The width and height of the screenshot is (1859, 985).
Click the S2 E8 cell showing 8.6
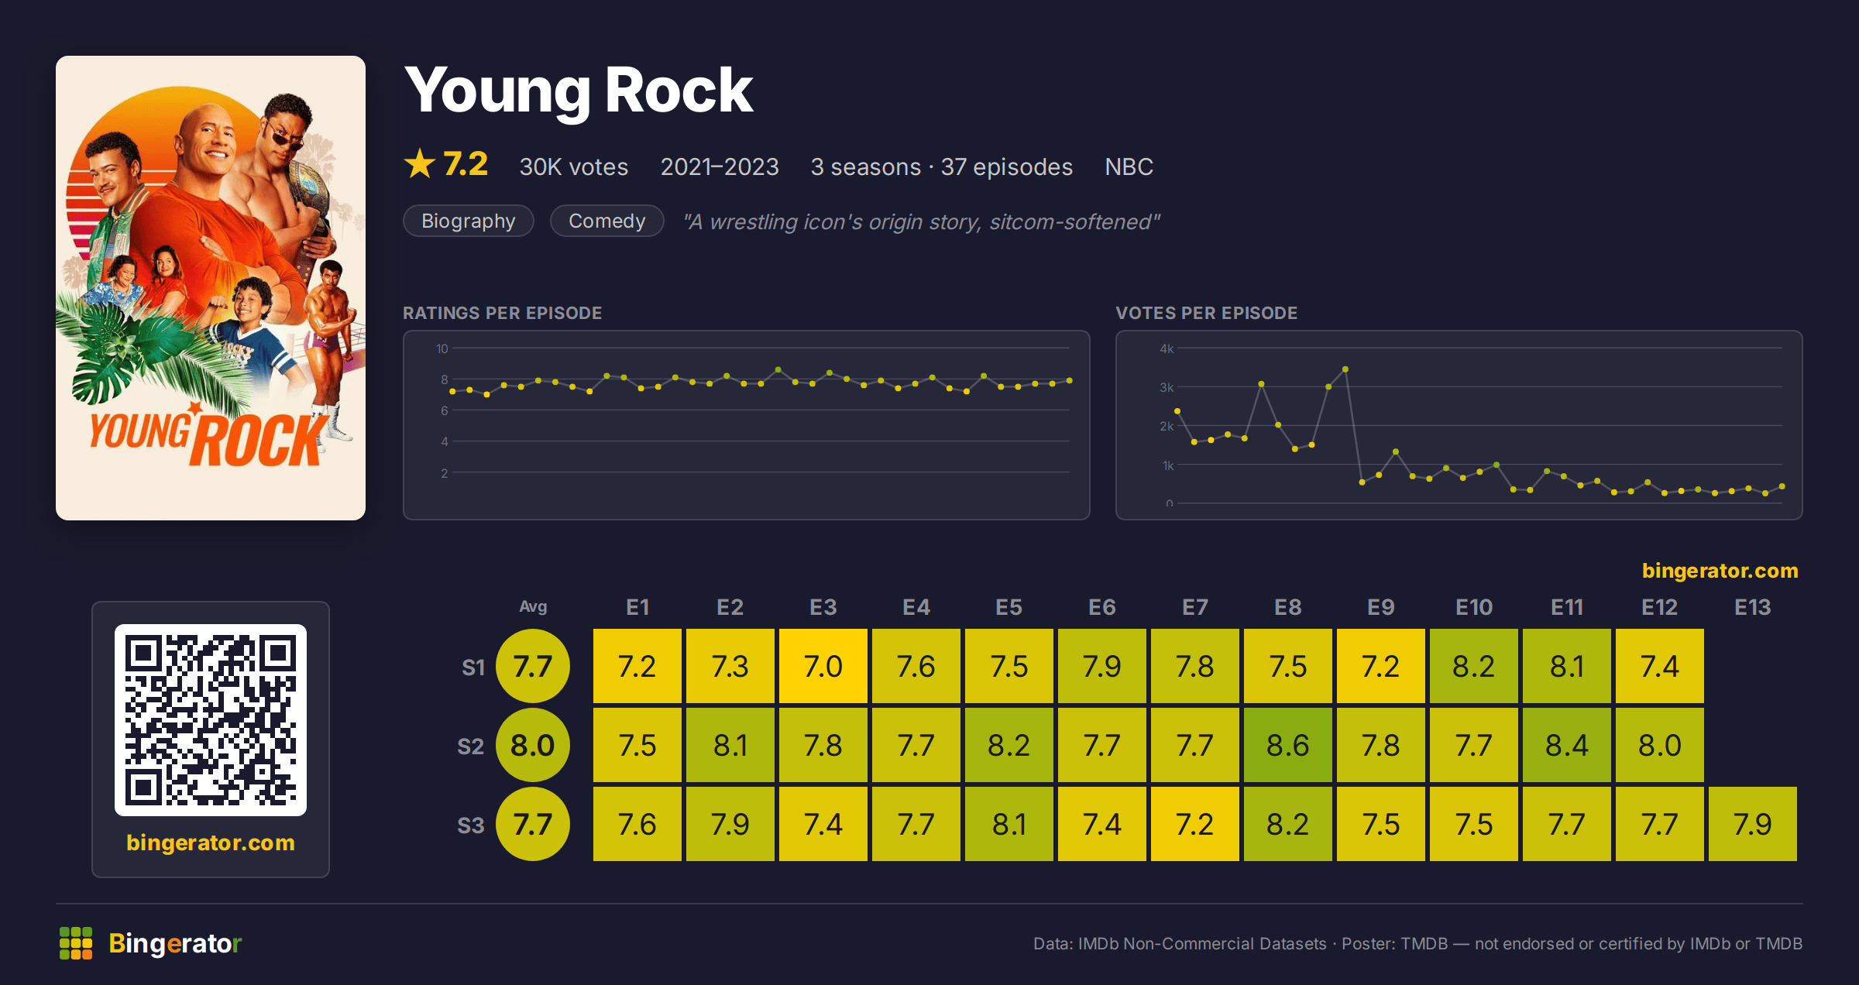tap(1287, 745)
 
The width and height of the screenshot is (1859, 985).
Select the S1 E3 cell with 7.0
tap(823, 666)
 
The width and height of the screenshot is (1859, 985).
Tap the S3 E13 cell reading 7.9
tap(1752, 824)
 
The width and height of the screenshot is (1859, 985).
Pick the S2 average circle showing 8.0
tap(533, 745)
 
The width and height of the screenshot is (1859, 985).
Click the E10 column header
tap(1473, 607)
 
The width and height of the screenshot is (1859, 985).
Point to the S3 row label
tap(470, 825)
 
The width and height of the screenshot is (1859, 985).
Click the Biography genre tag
tap(469, 221)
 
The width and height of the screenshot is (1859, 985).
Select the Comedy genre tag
tap(606, 221)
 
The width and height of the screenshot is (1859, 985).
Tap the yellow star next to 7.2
tap(420, 163)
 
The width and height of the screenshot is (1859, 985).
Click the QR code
tap(211, 720)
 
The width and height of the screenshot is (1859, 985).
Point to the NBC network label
tap(1129, 166)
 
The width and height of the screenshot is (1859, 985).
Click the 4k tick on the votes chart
tap(1167, 348)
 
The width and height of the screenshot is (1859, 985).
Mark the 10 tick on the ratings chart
tap(442, 348)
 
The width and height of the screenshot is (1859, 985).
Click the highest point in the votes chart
tap(1345, 369)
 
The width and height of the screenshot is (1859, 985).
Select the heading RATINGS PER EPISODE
tap(502, 313)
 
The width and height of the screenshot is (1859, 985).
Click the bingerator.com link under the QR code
tap(211, 843)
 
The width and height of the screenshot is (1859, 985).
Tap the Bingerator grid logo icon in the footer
tap(76, 943)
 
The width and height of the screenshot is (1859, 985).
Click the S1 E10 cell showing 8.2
tap(1473, 666)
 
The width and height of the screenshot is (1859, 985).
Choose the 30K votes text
tap(574, 166)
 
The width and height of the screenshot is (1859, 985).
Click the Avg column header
tap(533, 606)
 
